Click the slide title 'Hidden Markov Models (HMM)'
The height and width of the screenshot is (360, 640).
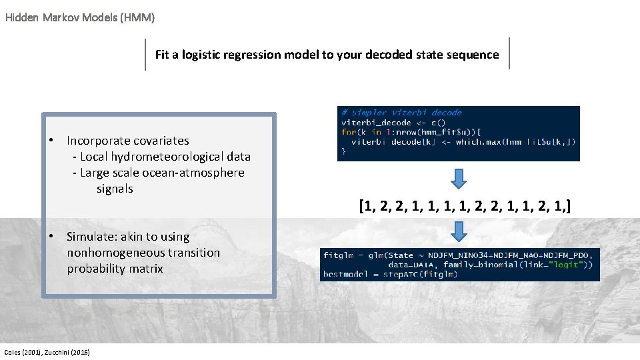(x=80, y=18)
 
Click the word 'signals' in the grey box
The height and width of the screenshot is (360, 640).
(x=115, y=189)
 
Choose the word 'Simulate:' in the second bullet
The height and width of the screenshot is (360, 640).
(x=91, y=237)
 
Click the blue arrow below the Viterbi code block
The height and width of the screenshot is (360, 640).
(x=459, y=178)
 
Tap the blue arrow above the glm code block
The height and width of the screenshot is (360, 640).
(x=459, y=231)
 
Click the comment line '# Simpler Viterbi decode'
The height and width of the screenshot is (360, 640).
(x=401, y=113)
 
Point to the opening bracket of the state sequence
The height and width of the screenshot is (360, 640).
(x=361, y=205)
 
